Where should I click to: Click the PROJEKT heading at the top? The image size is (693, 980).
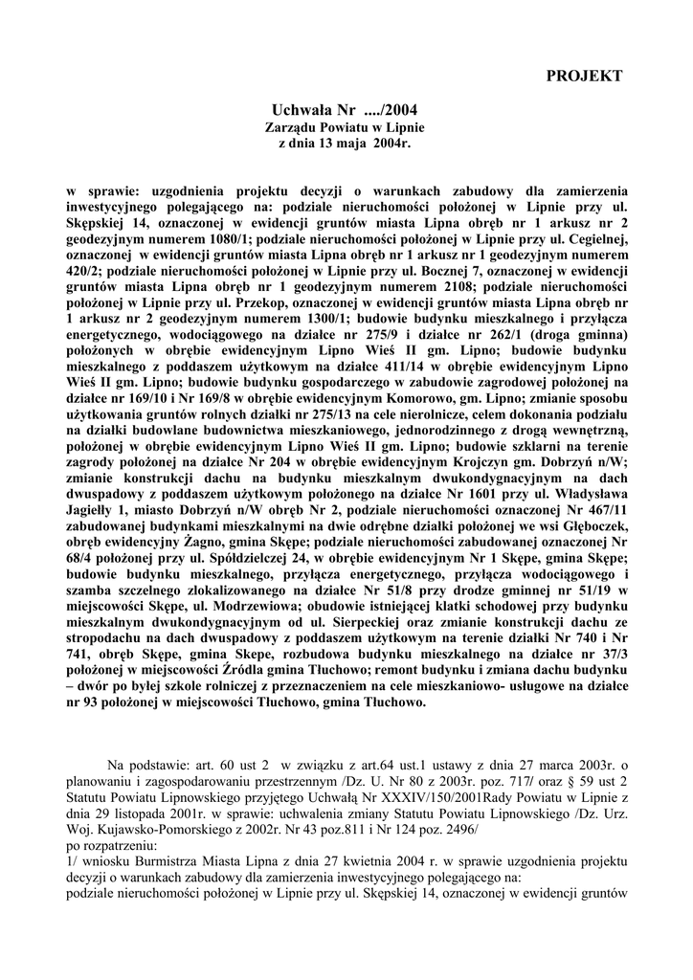(x=584, y=75)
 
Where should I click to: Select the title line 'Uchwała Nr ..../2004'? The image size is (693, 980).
(x=345, y=111)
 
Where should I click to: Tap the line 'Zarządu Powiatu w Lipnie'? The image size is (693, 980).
(x=345, y=127)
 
